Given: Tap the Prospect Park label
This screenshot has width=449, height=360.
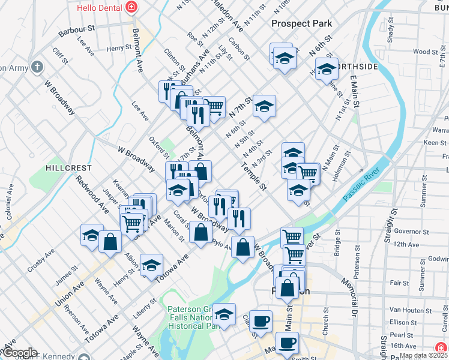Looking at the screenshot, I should tap(301, 23).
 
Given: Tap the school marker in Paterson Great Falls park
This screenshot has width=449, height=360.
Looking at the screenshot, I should tap(224, 315).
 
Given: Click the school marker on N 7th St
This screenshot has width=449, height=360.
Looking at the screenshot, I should tap(264, 107).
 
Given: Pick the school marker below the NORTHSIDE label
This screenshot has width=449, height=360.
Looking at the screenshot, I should tap(326, 69).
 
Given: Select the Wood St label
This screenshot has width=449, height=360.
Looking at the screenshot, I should tap(425, 52).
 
